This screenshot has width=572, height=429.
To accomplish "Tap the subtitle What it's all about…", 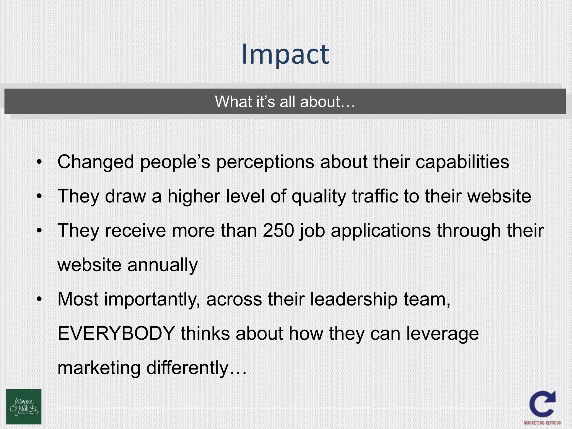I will click(x=285, y=101).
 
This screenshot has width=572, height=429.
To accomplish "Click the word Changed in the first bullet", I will click(x=96, y=162).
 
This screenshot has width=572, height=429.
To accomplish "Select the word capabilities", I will click(x=462, y=162).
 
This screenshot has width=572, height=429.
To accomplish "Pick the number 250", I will click(x=278, y=230).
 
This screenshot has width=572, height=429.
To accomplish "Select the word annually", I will click(x=162, y=265).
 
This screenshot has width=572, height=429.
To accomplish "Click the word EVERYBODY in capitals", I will click(x=116, y=333).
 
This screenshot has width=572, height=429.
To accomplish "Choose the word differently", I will click(x=187, y=368).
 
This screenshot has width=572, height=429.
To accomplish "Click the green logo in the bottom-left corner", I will click(x=24, y=407).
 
